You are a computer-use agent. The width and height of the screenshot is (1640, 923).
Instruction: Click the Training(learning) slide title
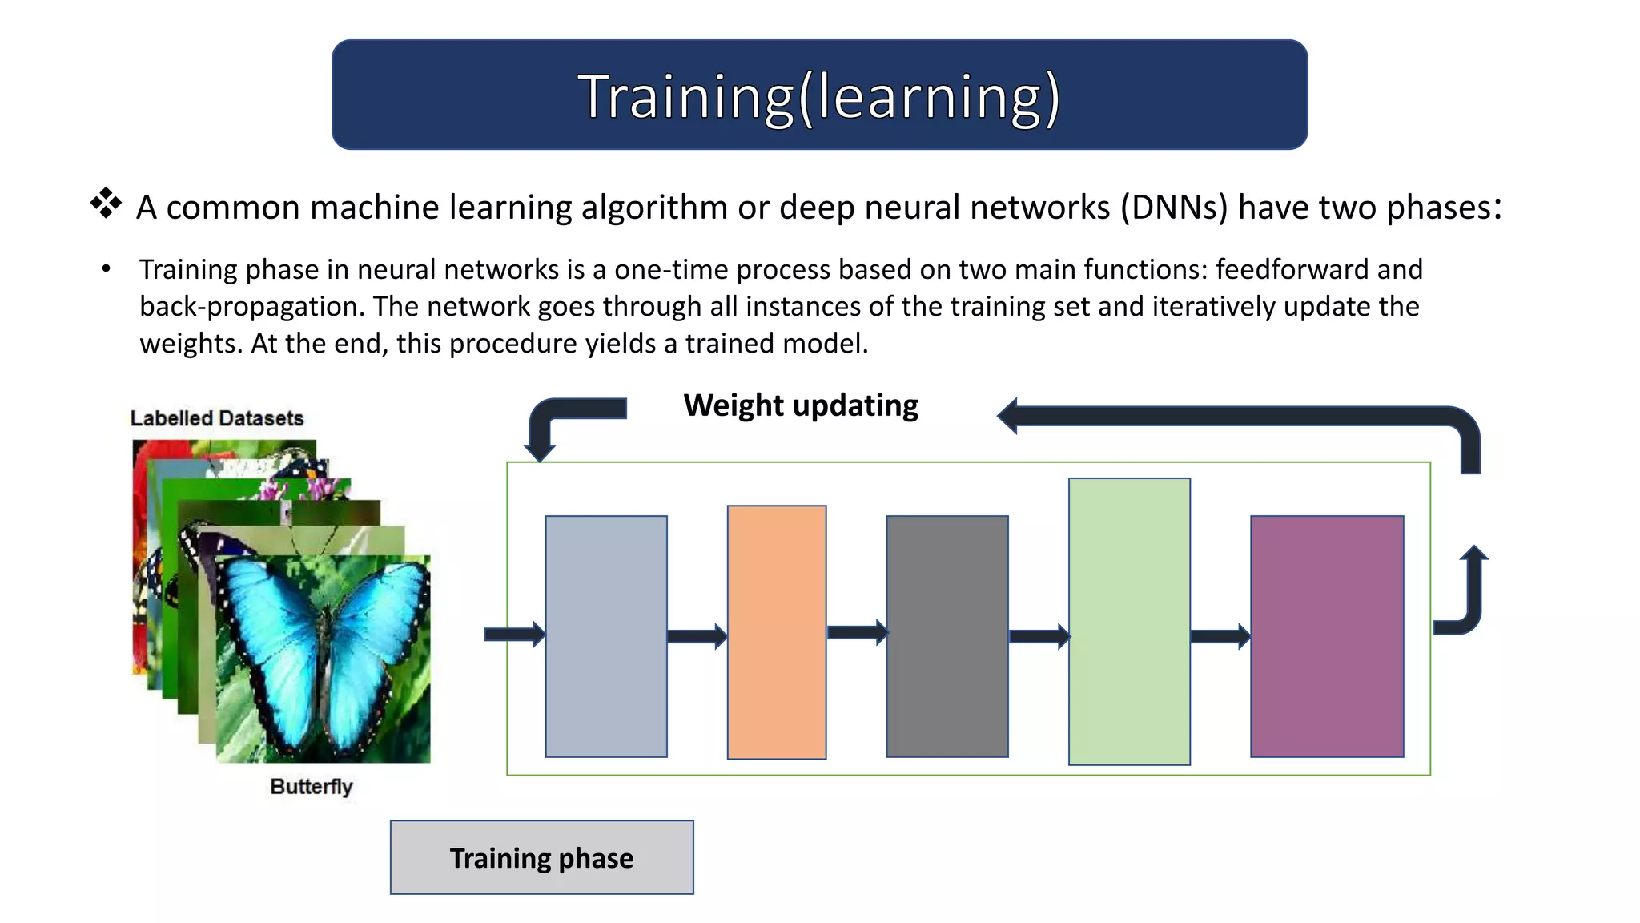coord(819,96)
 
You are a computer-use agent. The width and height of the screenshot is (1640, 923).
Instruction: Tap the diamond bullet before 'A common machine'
coord(106,204)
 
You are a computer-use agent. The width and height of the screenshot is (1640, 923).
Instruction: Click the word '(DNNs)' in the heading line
coord(1173,208)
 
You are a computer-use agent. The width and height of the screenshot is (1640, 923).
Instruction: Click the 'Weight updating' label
coord(800,405)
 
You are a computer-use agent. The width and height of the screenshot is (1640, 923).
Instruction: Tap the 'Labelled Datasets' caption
coord(217,418)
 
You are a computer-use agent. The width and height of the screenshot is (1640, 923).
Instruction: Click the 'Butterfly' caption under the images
coord(311,787)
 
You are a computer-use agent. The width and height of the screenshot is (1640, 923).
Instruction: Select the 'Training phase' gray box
coord(541,857)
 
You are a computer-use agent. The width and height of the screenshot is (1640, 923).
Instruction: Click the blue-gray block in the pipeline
coord(606,636)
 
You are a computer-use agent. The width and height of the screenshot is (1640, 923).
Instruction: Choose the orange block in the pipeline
coord(776,632)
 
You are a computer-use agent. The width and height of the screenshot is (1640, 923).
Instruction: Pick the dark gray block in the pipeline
coord(947,636)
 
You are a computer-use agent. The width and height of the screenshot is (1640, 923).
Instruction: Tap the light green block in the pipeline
coord(1129,622)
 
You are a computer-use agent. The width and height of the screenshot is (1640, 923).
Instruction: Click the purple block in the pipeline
coord(1327,636)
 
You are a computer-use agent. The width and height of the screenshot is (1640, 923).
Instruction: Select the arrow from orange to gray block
coord(857,632)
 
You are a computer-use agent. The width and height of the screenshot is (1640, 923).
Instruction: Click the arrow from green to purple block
coord(1220,637)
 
